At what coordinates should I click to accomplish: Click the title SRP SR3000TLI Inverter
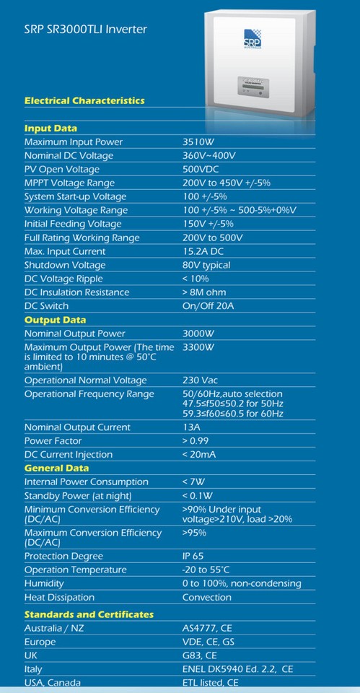pyautogui.click(x=85, y=30)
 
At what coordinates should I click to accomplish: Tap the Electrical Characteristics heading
pyautogui.click(x=84, y=100)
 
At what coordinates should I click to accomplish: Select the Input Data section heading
pyautogui.click(x=51, y=128)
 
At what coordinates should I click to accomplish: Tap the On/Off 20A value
pyautogui.click(x=208, y=306)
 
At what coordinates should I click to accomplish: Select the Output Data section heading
pyautogui.click(x=55, y=320)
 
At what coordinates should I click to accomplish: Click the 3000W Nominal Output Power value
pyautogui.click(x=200, y=334)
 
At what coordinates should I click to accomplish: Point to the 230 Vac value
pyautogui.click(x=201, y=380)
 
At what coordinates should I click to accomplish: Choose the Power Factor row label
pyautogui.click(x=53, y=440)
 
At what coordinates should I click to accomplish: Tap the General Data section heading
pyautogui.click(x=56, y=468)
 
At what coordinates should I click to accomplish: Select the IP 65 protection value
pyautogui.click(x=193, y=557)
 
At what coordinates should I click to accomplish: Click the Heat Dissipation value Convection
pyautogui.click(x=207, y=598)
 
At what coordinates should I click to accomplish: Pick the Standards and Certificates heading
pyautogui.click(x=89, y=614)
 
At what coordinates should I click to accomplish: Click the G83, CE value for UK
pyautogui.click(x=199, y=655)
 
